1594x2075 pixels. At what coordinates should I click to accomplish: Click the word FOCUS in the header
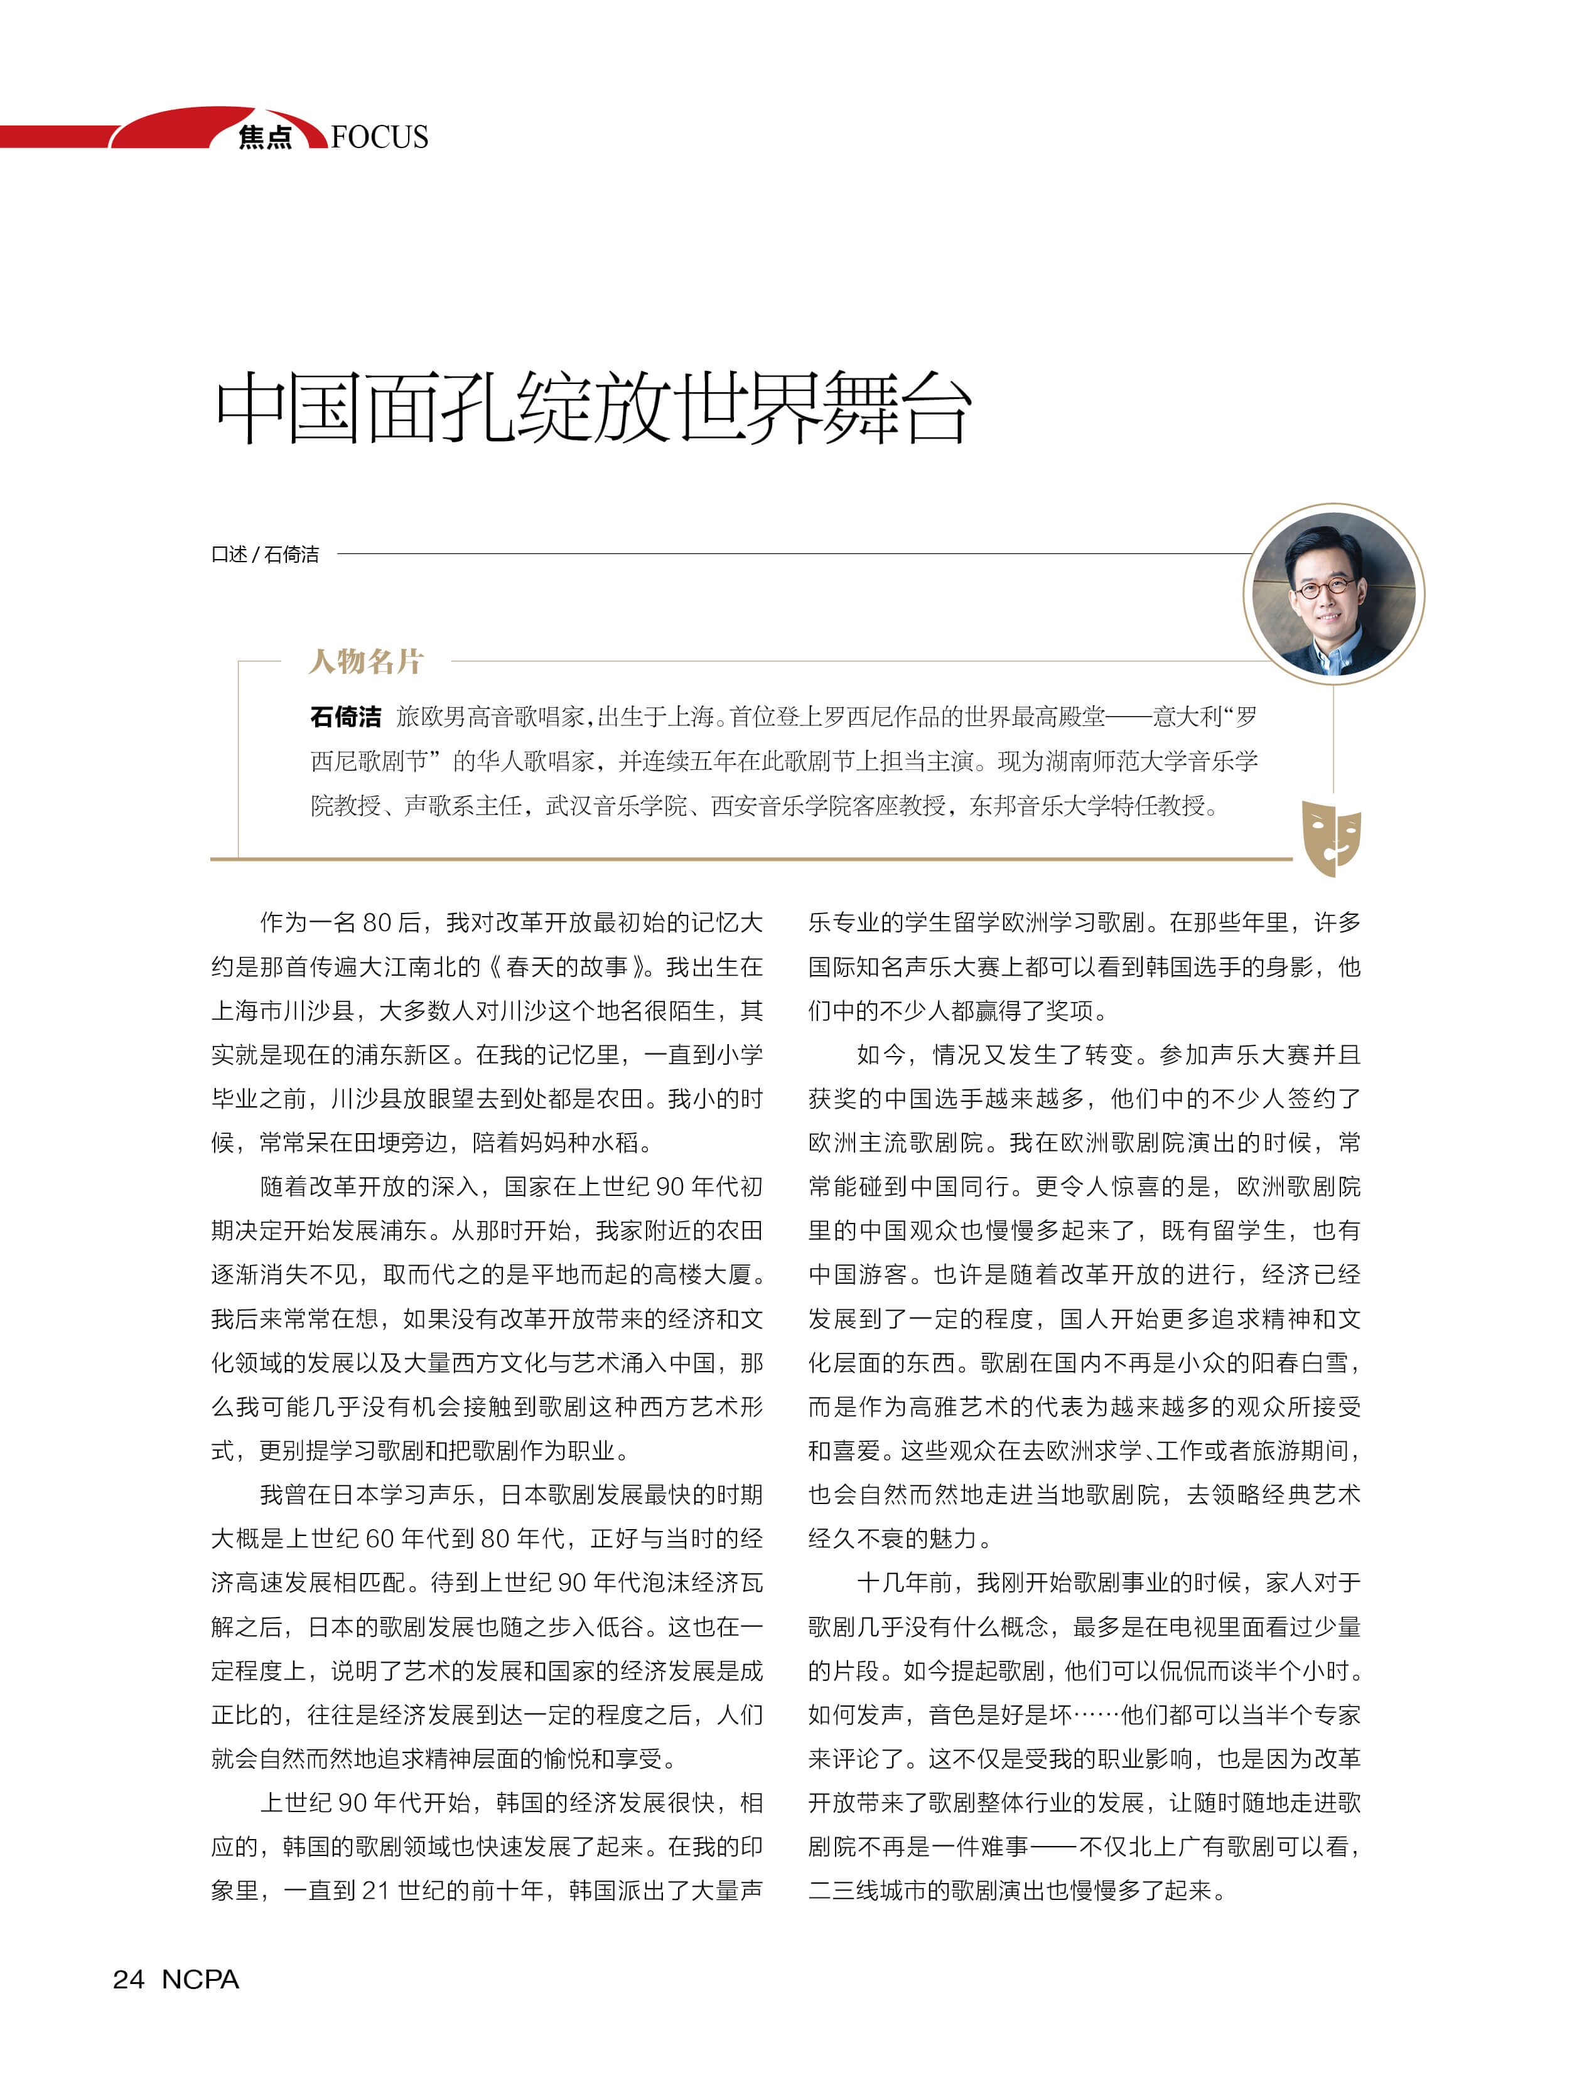(380, 137)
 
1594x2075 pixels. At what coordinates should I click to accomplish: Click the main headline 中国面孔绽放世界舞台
(593, 408)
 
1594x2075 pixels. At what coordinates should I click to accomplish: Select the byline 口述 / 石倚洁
(265, 554)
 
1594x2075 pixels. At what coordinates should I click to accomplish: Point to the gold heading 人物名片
(366, 661)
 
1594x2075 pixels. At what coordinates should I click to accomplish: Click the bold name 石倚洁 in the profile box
(345, 717)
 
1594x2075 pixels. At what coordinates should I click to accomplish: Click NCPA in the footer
(200, 1979)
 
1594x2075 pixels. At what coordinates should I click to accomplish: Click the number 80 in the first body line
(377, 923)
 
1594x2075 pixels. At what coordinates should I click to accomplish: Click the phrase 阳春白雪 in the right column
(1300, 1363)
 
